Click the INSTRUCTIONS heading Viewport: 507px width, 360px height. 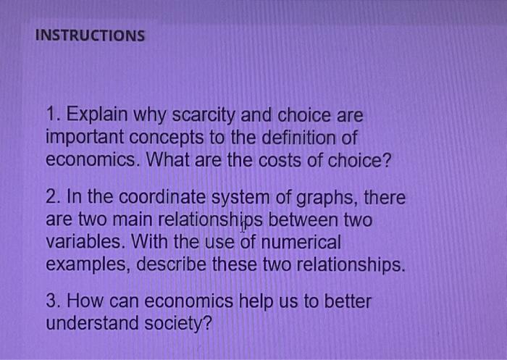click(90, 35)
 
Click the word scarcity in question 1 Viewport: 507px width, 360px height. click(204, 116)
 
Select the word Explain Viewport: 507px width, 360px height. click(97, 115)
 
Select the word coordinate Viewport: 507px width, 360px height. click(162, 197)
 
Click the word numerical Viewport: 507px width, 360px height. click(301, 242)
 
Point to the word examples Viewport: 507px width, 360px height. click(88, 265)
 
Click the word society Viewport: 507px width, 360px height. click(178, 324)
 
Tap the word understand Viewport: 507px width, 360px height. click(92, 323)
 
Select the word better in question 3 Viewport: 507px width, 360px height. click(348, 301)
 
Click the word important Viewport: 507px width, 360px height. click(85, 138)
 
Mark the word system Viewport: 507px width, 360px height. click(240, 198)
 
